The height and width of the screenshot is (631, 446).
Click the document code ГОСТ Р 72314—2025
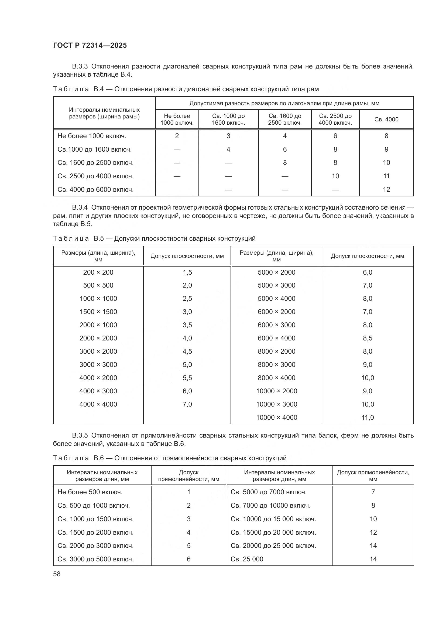[x=90, y=45]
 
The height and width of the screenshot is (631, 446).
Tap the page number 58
[x=57, y=574]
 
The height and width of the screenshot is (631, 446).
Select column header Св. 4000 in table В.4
[x=386, y=119]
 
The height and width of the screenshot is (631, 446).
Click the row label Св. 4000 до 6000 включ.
[x=95, y=190]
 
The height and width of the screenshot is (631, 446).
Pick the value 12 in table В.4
[x=386, y=190]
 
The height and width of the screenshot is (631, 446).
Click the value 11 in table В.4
[x=386, y=176]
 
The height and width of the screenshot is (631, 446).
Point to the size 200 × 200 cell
[x=98, y=272]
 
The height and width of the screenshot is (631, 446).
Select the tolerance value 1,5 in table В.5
[x=187, y=272]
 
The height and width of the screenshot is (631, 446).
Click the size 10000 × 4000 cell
[x=276, y=417]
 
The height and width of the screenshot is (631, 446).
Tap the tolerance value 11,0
[x=368, y=417]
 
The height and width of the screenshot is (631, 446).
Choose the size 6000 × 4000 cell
[x=276, y=338]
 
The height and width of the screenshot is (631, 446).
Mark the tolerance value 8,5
[x=368, y=338]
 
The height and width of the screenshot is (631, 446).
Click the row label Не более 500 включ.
[x=90, y=492]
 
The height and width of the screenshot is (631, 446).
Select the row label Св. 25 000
[x=247, y=559]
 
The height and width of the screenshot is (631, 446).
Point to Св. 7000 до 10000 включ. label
[x=270, y=505]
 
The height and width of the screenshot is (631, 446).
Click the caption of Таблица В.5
[x=154, y=238]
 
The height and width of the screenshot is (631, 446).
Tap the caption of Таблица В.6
[x=169, y=458]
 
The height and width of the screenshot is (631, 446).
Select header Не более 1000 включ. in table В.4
[x=177, y=119]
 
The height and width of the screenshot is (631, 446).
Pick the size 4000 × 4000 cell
[x=98, y=404]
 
